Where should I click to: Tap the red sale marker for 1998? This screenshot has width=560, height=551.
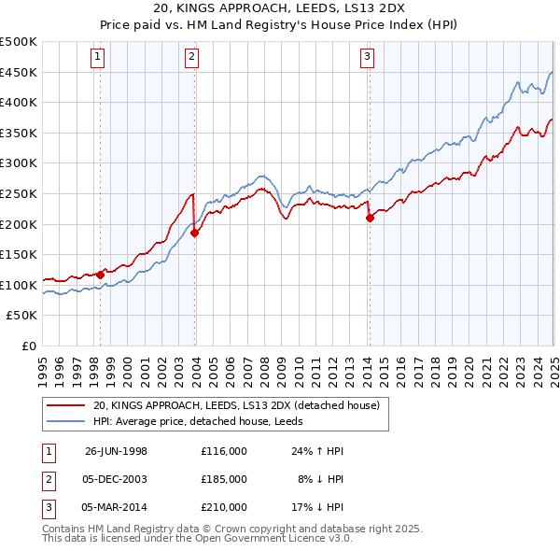pos(101,275)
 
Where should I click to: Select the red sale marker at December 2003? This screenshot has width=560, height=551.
pos(195,233)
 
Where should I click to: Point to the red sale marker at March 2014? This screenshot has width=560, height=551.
pos(370,218)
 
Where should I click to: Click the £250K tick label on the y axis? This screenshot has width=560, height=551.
pos(19,193)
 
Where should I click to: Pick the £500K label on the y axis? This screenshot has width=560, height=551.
pos(19,42)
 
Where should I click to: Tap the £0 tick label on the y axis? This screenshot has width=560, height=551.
pos(29,346)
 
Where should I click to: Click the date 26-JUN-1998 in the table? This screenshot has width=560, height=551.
pos(116,451)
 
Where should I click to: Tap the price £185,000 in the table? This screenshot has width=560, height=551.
pos(224,479)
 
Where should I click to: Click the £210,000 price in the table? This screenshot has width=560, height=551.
pos(224,507)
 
